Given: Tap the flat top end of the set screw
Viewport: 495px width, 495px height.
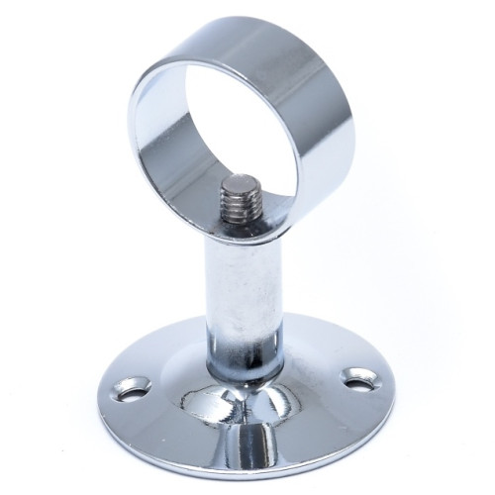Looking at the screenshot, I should coord(239,184).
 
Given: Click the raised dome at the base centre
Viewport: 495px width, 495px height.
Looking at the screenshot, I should coord(238,406).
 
